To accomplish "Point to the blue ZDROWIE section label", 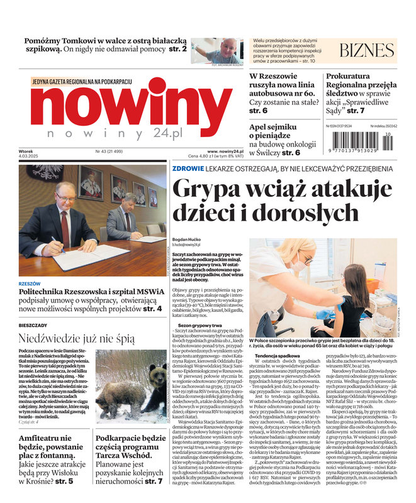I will pyautogui.click(x=187, y=169).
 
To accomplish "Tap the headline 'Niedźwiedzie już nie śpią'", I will pyautogui.click(x=76, y=338).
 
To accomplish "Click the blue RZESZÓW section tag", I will pyautogui.click(x=30, y=284).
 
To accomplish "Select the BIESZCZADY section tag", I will pyautogui.click(x=33, y=325).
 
